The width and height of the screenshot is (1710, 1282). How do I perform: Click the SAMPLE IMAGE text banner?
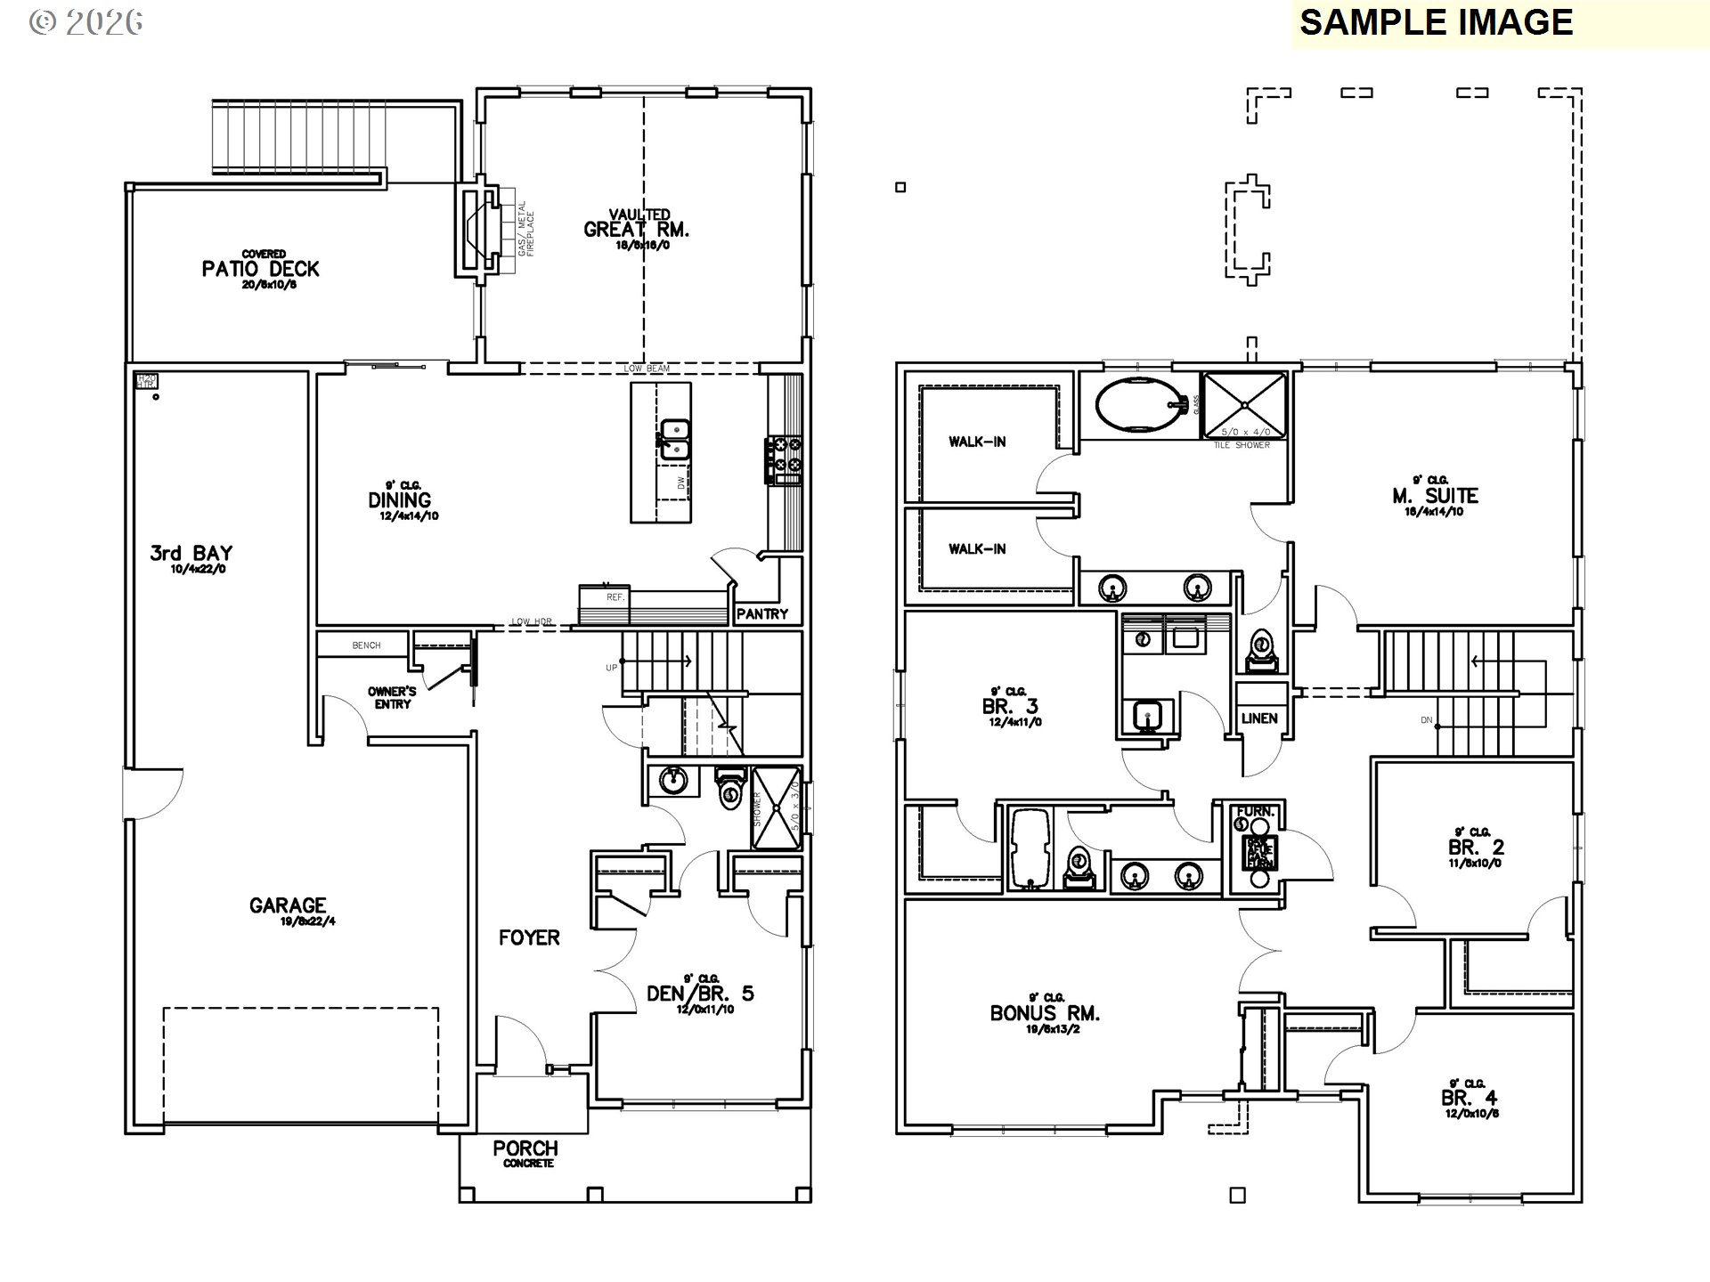[x=1436, y=22]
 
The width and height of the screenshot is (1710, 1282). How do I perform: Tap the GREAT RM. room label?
[x=636, y=229]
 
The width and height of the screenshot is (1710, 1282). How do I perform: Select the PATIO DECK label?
[x=260, y=268]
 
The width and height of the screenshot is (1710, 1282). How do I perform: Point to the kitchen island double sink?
[x=675, y=439]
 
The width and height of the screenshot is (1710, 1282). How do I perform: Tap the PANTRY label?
[x=762, y=613]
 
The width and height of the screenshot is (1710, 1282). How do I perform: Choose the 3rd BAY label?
[x=191, y=553]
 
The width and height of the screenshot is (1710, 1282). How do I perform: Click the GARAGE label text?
[x=287, y=905]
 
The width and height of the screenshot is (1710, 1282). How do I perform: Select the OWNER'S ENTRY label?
[x=392, y=697]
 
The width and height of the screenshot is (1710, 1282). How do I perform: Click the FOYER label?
[x=529, y=937]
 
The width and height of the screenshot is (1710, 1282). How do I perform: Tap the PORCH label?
[x=525, y=1148]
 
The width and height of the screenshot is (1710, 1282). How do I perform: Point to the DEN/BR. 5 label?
[x=700, y=994]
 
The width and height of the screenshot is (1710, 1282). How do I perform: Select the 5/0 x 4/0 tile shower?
[x=1243, y=405]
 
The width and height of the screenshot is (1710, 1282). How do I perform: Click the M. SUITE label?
[x=1435, y=495]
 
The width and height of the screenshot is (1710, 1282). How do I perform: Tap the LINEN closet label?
[x=1259, y=718]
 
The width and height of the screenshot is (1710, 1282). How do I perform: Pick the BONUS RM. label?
[x=1045, y=1013]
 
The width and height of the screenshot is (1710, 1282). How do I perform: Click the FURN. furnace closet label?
[x=1255, y=811]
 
